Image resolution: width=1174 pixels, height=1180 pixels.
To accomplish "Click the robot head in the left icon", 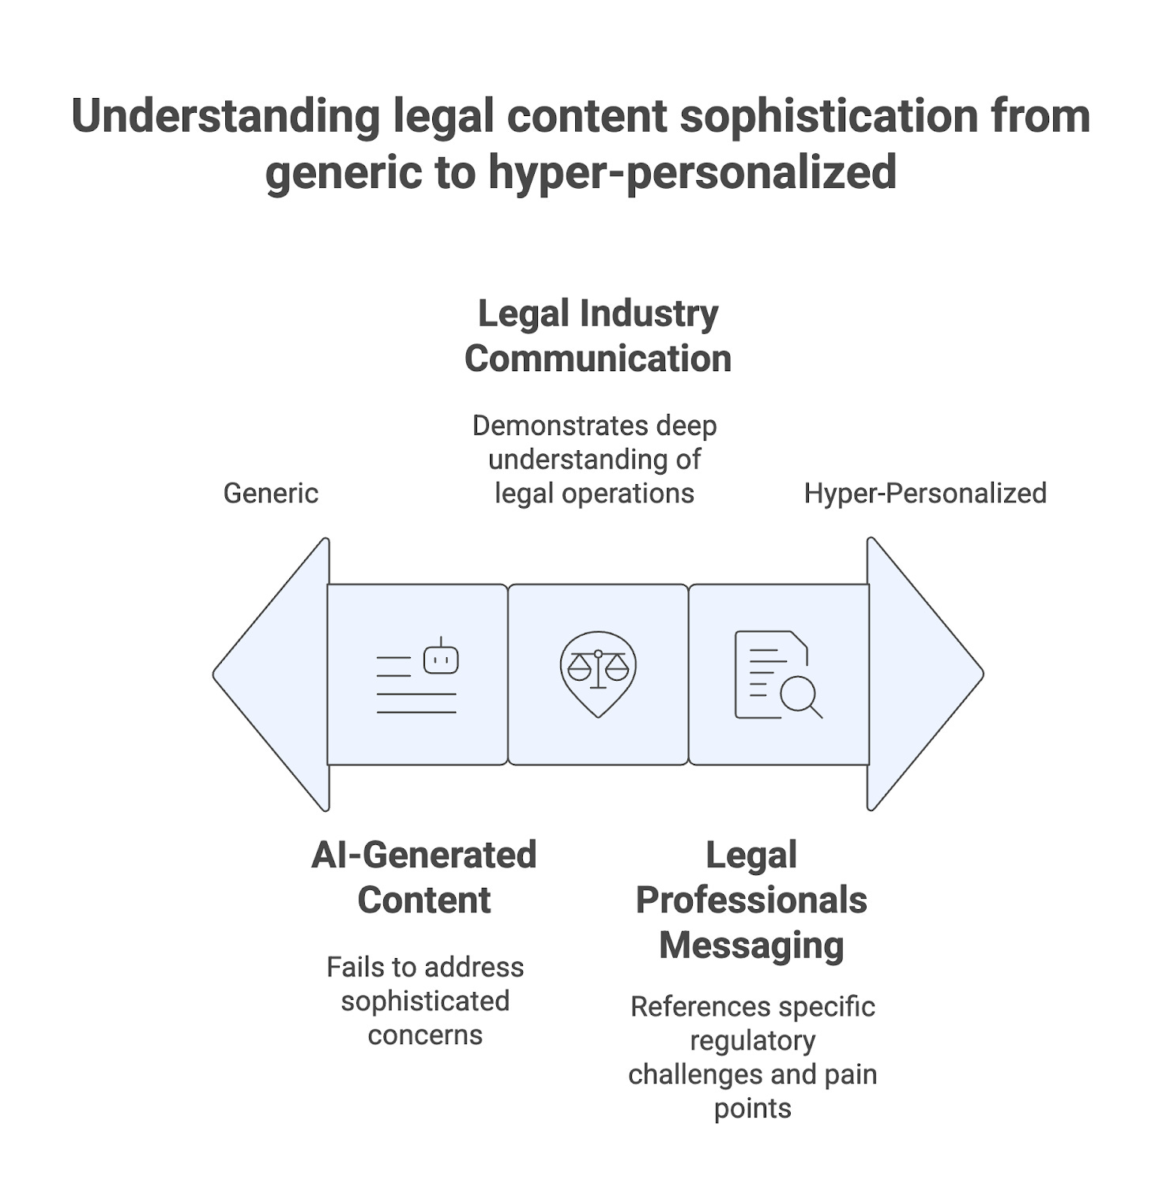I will pyautogui.click(x=441, y=660).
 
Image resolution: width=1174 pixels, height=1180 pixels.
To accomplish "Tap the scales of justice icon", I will pyautogui.click(x=598, y=670).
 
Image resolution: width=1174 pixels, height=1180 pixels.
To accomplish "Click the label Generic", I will pyautogui.click(x=271, y=493).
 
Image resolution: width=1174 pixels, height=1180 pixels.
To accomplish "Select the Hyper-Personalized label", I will pyautogui.click(x=925, y=493).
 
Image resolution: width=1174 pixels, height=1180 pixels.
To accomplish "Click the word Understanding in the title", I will pyautogui.click(x=226, y=116).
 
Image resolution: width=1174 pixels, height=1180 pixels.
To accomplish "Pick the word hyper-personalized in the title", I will pyautogui.click(x=692, y=172).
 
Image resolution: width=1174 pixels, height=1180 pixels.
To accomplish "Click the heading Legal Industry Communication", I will pyautogui.click(x=598, y=336).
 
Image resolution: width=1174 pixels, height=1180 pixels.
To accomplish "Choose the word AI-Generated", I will pyautogui.click(x=424, y=855).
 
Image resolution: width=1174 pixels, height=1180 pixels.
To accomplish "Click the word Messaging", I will pyautogui.click(x=751, y=945).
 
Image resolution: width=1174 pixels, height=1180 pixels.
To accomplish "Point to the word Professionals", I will pyautogui.click(x=751, y=900).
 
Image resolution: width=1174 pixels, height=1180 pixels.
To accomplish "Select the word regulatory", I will pyautogui.click(x=752, y=1041).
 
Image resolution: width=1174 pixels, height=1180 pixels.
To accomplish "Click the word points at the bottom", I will pyautogui.click(x=752, y=1108).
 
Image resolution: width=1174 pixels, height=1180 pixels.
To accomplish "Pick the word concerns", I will pyautogui.click(x=425, y=1035).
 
